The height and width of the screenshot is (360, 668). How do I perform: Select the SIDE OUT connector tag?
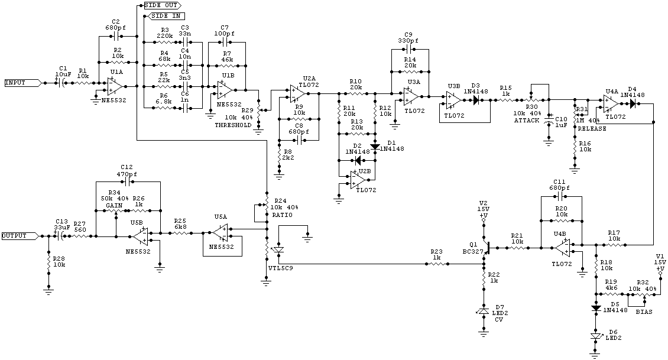(x=162, y=5)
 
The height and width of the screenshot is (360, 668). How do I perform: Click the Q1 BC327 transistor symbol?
(x=486, y=248)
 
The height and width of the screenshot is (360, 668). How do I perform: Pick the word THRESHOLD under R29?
(x=233, y=125)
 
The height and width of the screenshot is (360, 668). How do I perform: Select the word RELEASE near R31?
(x=592, y=128)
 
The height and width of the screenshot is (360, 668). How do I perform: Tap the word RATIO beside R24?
(x=281, y=215)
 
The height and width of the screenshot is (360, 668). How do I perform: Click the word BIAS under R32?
(x=644, y=311)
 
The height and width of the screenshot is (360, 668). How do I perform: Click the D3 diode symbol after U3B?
(x=476, y=100)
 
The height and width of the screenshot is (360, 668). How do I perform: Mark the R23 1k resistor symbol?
(x=436, y=264)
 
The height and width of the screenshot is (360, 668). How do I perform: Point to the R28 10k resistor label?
(x=59, y=262)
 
